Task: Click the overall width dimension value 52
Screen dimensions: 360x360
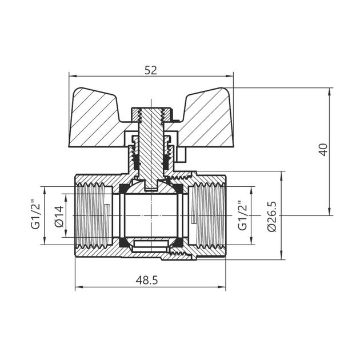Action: [x=151, y=70]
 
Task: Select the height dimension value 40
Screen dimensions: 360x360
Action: [x=323, y=150]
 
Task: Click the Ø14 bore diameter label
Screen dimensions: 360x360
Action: [x=58, y=216]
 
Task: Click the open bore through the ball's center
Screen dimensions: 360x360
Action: [x=151, y=215]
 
